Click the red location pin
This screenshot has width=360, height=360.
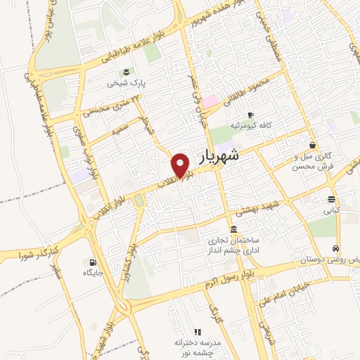(182, 165)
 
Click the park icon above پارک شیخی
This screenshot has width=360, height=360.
(126, 72)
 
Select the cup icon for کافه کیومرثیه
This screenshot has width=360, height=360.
(250, 115)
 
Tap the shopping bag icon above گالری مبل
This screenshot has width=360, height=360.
(312, 145)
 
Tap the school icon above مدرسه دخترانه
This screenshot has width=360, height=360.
(198, 331)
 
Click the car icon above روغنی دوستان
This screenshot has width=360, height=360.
(337, 249)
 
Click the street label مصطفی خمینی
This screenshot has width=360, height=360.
(271, 36)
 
